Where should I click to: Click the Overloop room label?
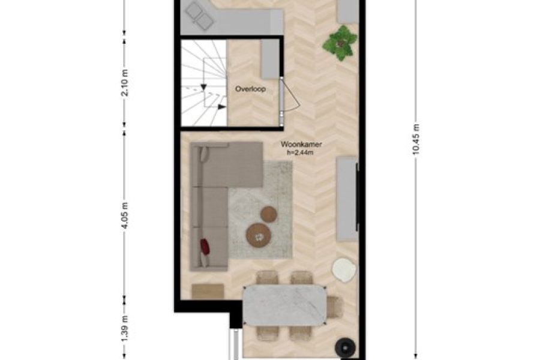[250, 89]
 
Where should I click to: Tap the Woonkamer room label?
[301, 145]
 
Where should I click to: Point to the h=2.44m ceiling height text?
[301, 152]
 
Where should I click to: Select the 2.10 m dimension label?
[125, 83]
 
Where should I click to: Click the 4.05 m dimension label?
[125, 215]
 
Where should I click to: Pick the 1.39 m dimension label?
[125, 329]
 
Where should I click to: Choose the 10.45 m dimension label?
[416, 139]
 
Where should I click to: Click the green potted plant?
[340, 43]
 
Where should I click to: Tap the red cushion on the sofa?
[205, 247]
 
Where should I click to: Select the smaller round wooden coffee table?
[269, 214]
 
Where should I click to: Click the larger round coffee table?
[259, 236]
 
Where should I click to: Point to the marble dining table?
[284, 305]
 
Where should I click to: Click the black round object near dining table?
[346, 348]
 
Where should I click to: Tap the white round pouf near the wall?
[344, 270]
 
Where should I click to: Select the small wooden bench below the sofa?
[208, 291]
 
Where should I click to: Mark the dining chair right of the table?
[335, 307]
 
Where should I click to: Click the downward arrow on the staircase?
[203, 87]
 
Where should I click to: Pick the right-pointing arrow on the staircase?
[222, 107]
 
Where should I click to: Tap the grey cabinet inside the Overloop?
[269, 59]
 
